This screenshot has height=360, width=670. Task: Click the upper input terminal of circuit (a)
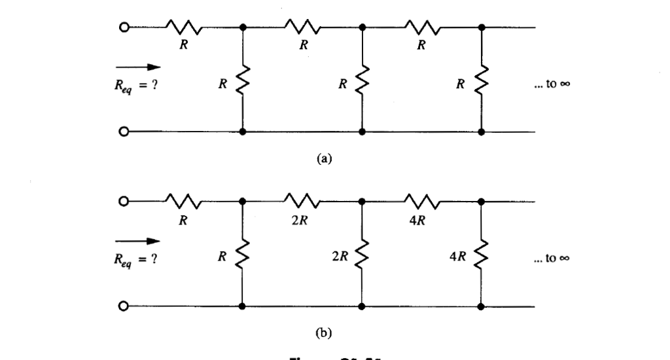tap(122, 28)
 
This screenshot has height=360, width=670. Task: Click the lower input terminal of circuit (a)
tap(122, 131)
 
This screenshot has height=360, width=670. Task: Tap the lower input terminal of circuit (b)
tap(122, 306)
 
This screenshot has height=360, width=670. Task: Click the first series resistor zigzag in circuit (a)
tap(183, 28)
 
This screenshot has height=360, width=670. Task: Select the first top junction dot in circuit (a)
tap(243, 28)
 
